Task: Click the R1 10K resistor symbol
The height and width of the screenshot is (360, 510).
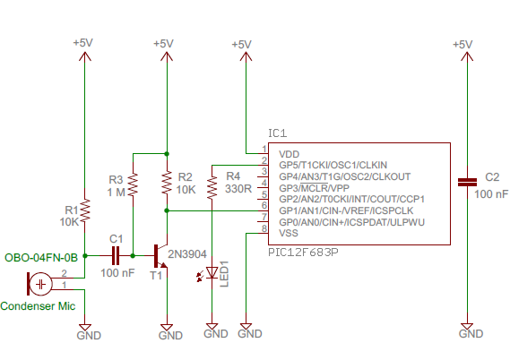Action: point(83,210)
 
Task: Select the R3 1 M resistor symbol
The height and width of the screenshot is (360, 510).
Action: point(133,185)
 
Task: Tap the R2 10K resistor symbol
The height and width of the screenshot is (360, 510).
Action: point(167,184)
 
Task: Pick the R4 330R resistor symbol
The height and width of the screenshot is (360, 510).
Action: point(212,187)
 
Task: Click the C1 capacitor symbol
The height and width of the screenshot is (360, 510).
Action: point(115,255)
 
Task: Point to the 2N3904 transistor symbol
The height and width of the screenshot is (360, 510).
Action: point(162,256)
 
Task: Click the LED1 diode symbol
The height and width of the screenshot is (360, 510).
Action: point(212,272)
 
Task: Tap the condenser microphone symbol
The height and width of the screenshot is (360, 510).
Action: point(40,284)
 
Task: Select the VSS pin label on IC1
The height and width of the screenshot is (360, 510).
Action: point(289,233)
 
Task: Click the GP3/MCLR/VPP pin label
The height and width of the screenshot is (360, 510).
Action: point(314,188)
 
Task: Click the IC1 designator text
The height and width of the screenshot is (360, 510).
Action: point(279,133)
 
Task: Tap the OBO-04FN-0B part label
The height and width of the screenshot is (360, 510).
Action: point(41,256)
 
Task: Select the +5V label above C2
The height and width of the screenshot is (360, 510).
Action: point(462,44)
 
